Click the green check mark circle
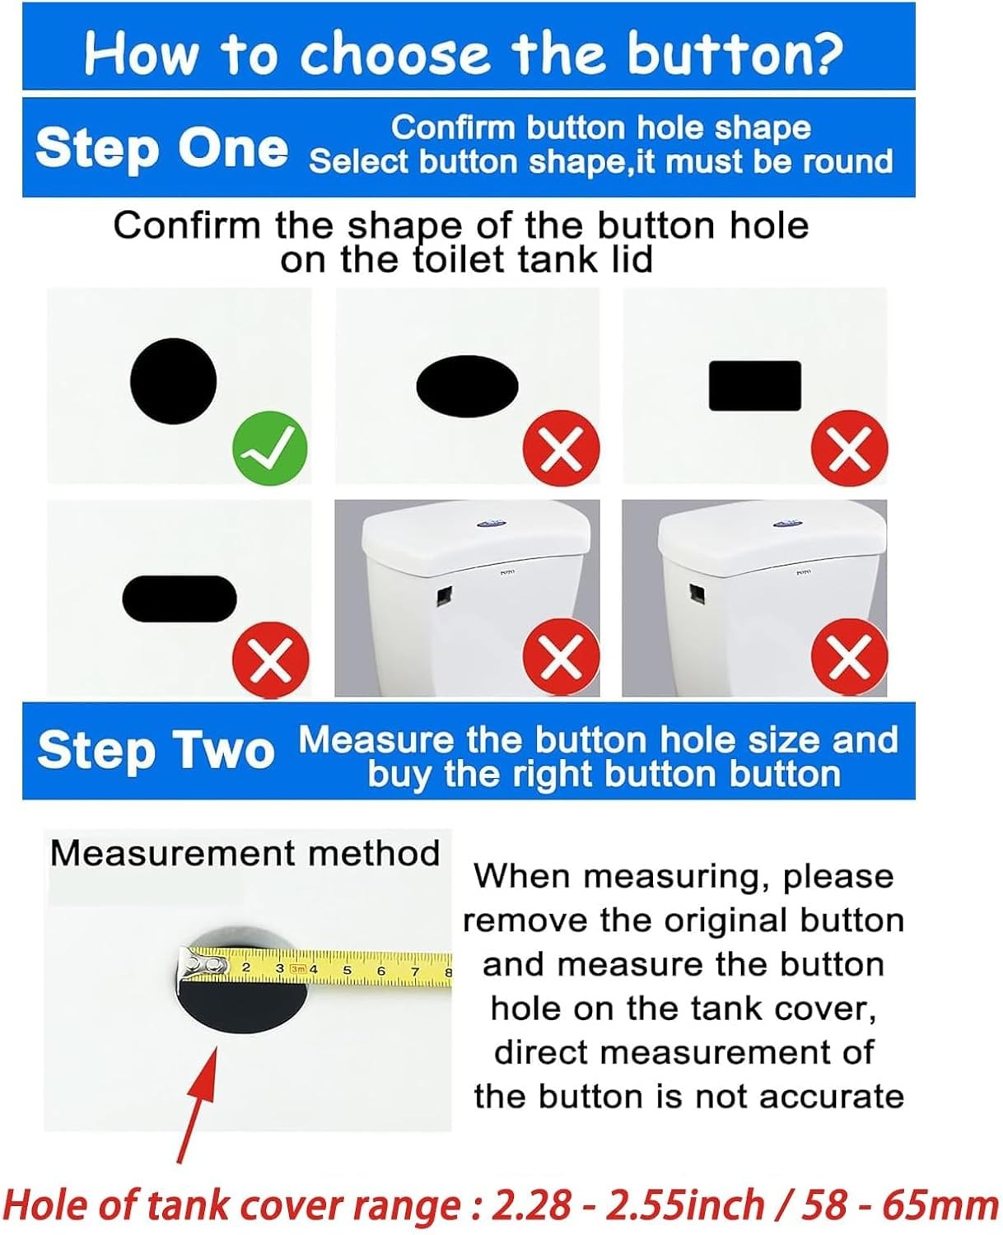269,448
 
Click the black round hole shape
174,381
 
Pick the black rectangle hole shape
755,385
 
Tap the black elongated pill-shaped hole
180,599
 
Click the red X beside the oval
562,448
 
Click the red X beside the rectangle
849,448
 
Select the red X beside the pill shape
271,659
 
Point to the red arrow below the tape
197,1105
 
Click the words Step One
161,148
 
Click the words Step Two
156,750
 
